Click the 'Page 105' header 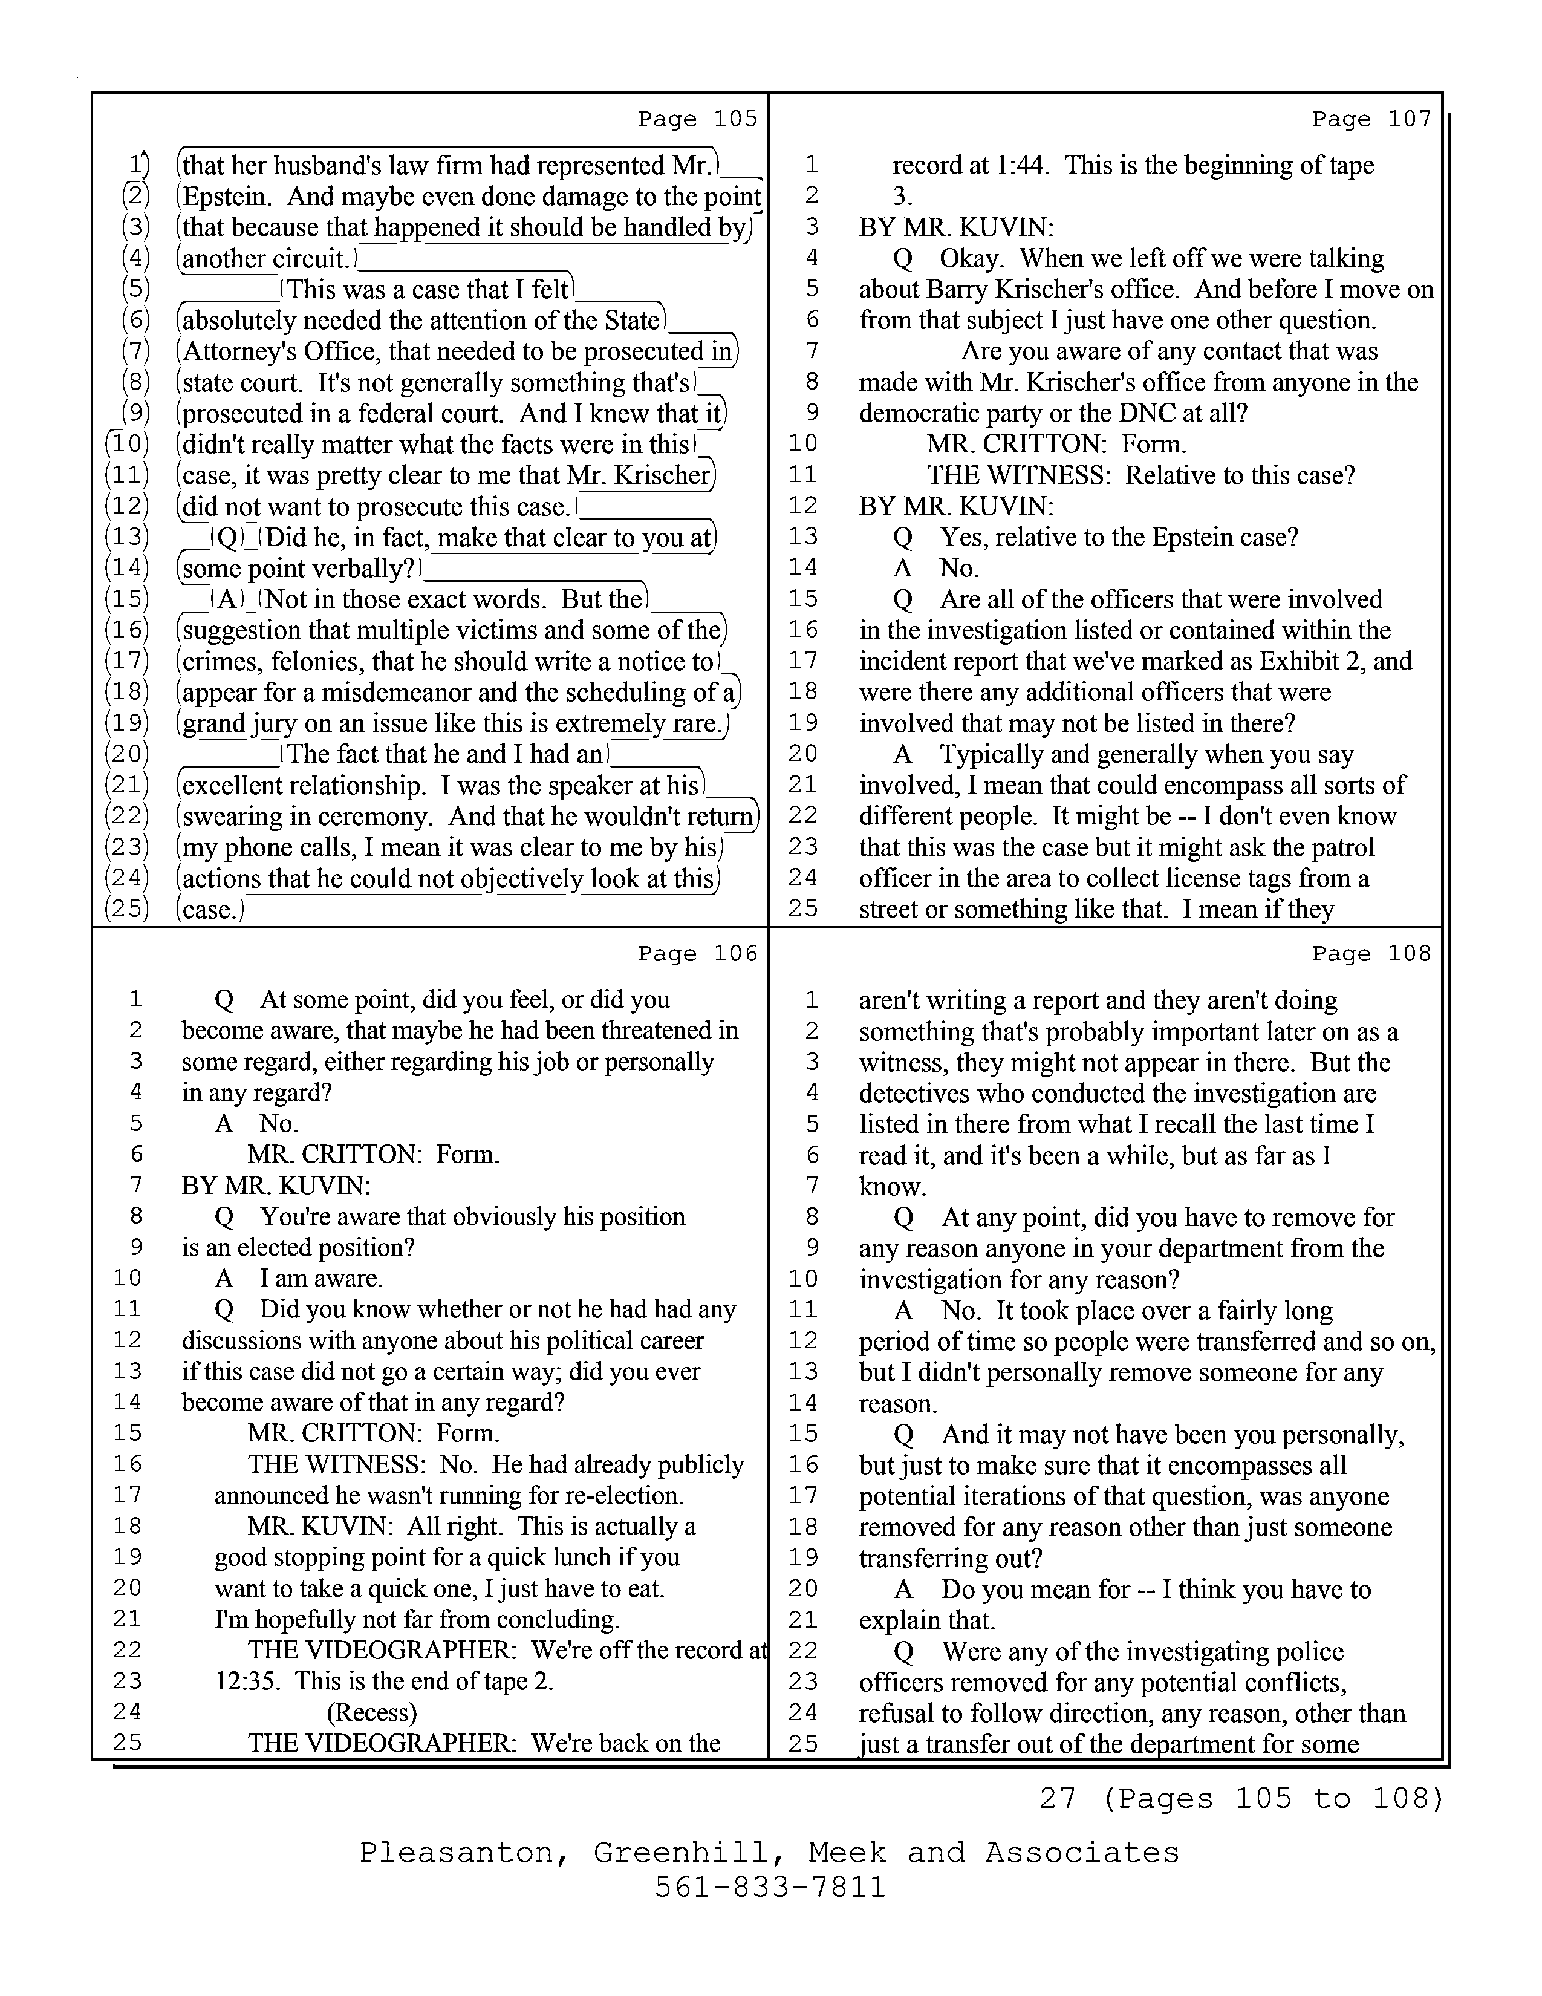(x=698, y=119)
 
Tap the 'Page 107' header (x=1371, y=119)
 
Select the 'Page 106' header (x=698, y=953)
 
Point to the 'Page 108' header (x=1371, y=953)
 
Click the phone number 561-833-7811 (x=770, y=1887)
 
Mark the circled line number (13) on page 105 (x=127, y=537)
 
